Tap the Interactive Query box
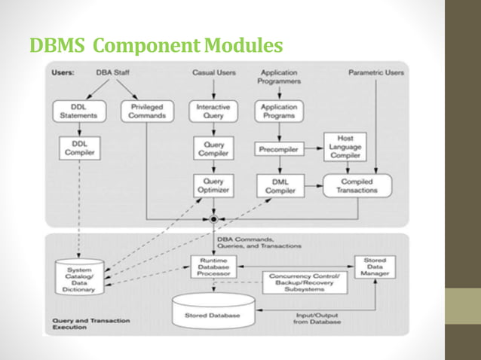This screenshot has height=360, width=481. (213, 111)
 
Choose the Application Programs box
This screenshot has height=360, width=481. (279, 111)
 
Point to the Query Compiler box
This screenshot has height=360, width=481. (213, 148)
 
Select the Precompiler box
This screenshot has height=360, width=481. (279, 149)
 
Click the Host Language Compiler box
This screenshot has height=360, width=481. (345, 146)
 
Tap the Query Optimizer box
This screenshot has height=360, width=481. (213, 186)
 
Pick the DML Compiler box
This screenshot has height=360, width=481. (279, 186)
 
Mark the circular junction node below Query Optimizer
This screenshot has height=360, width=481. (213, 219)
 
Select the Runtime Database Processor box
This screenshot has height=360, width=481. (213, 267)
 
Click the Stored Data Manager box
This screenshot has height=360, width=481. (374, 268)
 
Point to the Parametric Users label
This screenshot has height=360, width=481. (375, 73)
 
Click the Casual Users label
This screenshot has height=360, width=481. (214, 73)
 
